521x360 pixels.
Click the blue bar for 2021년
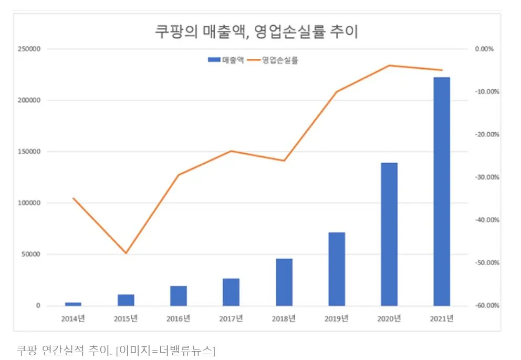[442, 191]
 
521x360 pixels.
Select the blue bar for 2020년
[389, 234]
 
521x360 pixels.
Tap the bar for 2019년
[337, 269]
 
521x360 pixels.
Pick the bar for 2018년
[284, 282]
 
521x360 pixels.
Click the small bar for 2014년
[73, 304]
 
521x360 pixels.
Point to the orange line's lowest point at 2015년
[126, 253]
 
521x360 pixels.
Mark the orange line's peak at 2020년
[389, 66]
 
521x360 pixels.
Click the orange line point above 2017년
[231, 151]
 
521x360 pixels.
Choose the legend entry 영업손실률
[279, 60]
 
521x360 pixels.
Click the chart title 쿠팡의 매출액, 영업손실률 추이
[256, 32]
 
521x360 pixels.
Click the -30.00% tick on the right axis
[487, 177]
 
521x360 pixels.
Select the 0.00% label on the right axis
[484, 49]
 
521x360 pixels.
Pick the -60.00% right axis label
[487, 305]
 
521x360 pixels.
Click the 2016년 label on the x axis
[178, 319]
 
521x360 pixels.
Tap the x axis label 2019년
[337, 319]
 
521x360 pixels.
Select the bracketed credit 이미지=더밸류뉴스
[165, 350]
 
